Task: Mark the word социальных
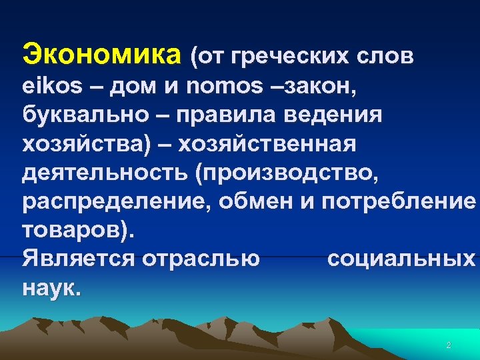click(401, 259)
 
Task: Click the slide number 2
click(448, 345)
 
